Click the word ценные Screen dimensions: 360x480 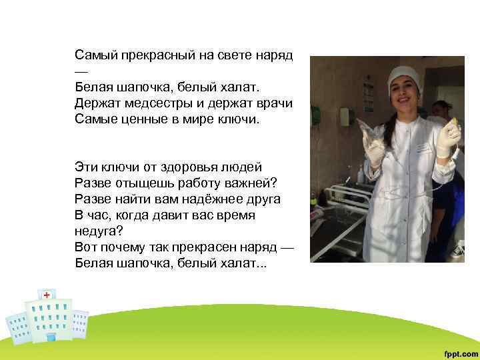(147, 120)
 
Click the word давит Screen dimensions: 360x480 (175, 215)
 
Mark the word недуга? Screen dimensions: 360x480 (97, 231)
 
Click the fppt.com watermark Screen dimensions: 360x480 (460, 351)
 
